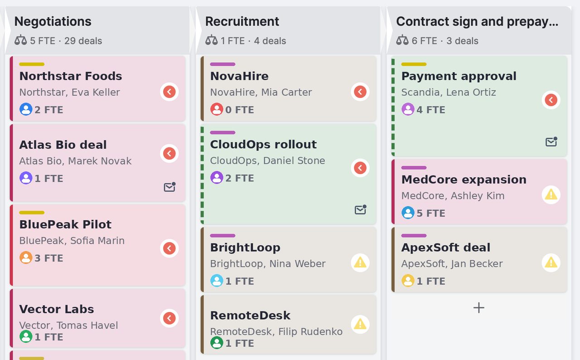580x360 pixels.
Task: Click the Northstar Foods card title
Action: click(x=71, y=76)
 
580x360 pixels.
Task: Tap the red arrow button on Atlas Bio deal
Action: click(x=169, y=153)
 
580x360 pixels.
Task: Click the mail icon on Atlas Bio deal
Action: click(x=170, y=187)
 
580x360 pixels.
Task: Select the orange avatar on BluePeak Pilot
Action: click(x=26, y=258)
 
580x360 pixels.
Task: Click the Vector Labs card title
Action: click(x=57, y=309)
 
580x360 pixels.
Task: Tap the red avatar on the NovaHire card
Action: click(x=217, y=109)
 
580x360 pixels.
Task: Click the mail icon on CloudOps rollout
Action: click(x=360, y=209)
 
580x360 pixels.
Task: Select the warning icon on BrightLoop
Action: click(x=360, y=263)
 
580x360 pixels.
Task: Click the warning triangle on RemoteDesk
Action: click(x=360, y=324)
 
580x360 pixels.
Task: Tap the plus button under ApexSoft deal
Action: click(x=479, y=308)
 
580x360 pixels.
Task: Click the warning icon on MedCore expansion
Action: click(x=551, y=195)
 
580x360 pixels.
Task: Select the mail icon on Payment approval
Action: click(x=551, y=141)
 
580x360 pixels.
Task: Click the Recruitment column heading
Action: click(x=242, y=21)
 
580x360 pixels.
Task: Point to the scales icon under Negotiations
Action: click(x=21, y=40)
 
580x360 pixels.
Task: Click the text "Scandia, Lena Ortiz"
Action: click(x=449, y=92)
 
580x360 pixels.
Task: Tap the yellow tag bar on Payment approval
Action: click(x=414, y=64)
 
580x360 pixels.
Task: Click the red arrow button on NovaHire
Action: click(x=360, y=92)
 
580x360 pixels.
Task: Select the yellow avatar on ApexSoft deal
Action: click(x=408, y=281)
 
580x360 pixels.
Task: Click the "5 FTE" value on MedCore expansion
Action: click(x=431, y=213)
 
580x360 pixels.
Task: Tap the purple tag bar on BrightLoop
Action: click(x=222, y=236)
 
